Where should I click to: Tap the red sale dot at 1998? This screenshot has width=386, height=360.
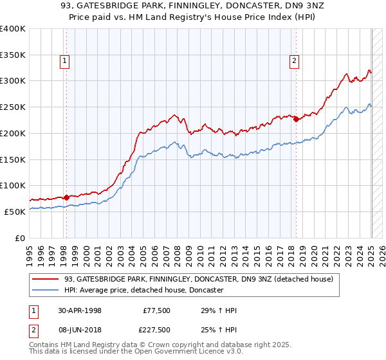pyautogui.click(x=66, y=197)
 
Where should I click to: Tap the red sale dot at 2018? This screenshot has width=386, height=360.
pyautogui.click(x=295, y=119)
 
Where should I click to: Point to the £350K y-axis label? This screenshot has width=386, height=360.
pyautogui.click(x=13, y=55)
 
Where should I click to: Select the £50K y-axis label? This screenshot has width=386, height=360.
pyautogui.click(x=15, y=212)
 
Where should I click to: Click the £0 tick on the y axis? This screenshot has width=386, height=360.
pyautogui.click(x=21, y=238)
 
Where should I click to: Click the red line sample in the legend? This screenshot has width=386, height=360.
pyautogui.click(x=46, y=279)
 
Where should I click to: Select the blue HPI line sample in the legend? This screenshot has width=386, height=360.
pyautogui.click(x=46, y=291)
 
